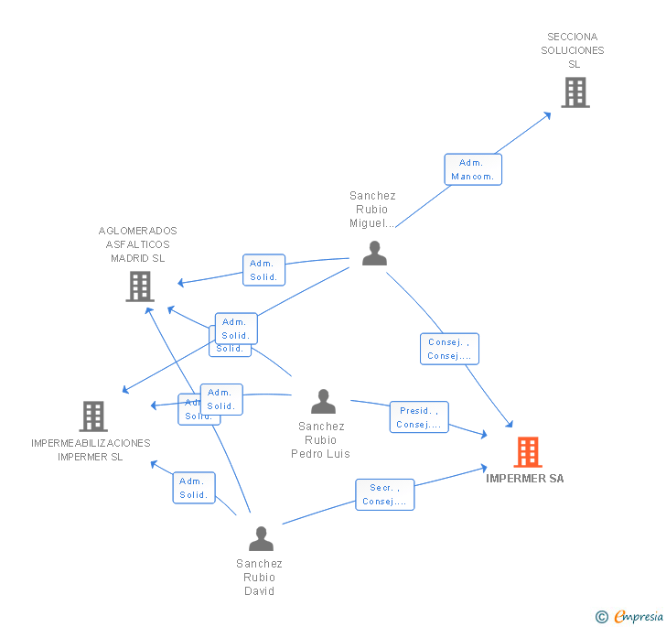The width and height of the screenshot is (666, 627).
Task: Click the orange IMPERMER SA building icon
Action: [x=528, y=452]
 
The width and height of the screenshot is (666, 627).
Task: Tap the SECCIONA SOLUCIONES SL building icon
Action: [x=575, y=92]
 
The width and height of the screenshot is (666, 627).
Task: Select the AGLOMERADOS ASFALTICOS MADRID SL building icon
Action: [x=139, y=286]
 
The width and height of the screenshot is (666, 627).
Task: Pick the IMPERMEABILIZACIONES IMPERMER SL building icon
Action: [x=93, y=416]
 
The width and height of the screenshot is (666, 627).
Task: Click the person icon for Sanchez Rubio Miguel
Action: [x=374, y=253]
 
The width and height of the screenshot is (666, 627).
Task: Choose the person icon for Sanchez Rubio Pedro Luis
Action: [x=323, y=401]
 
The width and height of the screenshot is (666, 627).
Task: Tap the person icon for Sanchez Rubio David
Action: [x=261, y=538]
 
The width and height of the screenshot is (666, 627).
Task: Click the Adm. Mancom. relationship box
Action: [x=473, y=169]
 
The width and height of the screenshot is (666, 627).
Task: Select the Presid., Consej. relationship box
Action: [x=419, y=417]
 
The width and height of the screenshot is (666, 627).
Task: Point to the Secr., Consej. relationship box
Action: [x=385, y=494]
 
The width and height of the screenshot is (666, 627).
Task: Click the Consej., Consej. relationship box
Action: [x=449, y=349]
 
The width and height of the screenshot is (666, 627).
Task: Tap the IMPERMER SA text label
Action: [x=525, y=479]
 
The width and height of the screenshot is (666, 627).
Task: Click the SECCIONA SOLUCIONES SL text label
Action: [x=573, y=50]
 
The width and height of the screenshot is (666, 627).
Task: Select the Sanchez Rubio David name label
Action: [x=259, y=578]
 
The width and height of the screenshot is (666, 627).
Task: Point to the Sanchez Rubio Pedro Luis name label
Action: [x=321, y=440]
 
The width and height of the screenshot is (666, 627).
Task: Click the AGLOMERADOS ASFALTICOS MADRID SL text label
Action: [x=138, y=244]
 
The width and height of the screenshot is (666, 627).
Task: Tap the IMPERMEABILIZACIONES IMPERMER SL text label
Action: [x=91, y=449]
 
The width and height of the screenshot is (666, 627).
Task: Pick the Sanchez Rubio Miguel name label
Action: [x=372, y=210]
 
